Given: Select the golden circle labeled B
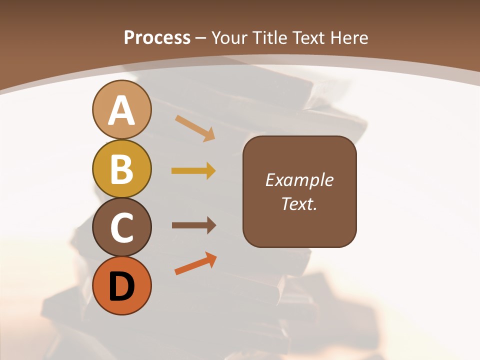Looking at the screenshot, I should (121, 168).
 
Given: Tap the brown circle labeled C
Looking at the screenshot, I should (121, 227).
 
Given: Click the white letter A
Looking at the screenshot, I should (121, 111).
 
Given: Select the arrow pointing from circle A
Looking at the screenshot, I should (194, 128).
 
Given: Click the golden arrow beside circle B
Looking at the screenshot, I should (193, 171).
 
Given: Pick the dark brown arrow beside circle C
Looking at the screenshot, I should (193, 225).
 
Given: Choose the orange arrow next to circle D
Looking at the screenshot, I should (195, 264).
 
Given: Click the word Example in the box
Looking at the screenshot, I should (299, 180).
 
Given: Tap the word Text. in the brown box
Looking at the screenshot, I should (299, 203).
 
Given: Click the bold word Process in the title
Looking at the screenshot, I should (157, 38).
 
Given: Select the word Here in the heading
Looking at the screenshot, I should (349, 38).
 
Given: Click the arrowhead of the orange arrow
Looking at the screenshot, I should (212, 259).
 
